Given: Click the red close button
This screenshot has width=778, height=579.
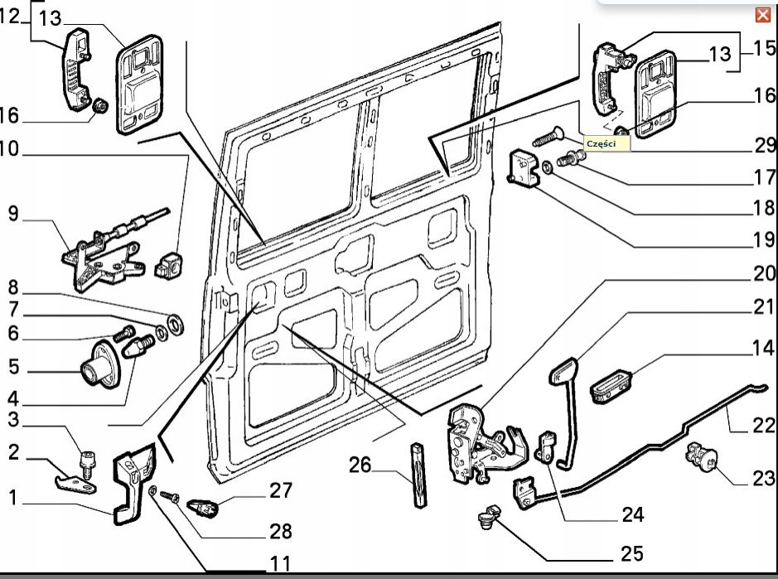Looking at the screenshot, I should tap(763, 15).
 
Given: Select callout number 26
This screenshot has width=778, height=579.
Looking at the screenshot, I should tap(360, 465).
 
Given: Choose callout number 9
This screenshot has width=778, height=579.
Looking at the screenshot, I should tap(12, 215).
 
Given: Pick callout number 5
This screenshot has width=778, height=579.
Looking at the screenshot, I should tap(12, 365).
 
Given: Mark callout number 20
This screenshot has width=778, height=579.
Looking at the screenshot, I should tap(764, 273).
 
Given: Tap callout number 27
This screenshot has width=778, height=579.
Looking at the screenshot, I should tap(281, 490).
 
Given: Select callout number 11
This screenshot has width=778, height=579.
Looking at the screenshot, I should tap(280, 564).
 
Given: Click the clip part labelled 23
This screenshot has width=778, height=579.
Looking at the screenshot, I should tap(700, 457).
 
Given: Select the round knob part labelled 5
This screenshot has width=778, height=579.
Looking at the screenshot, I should tap(98, 365).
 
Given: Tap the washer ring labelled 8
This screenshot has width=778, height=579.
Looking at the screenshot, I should tap(175, 321).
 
